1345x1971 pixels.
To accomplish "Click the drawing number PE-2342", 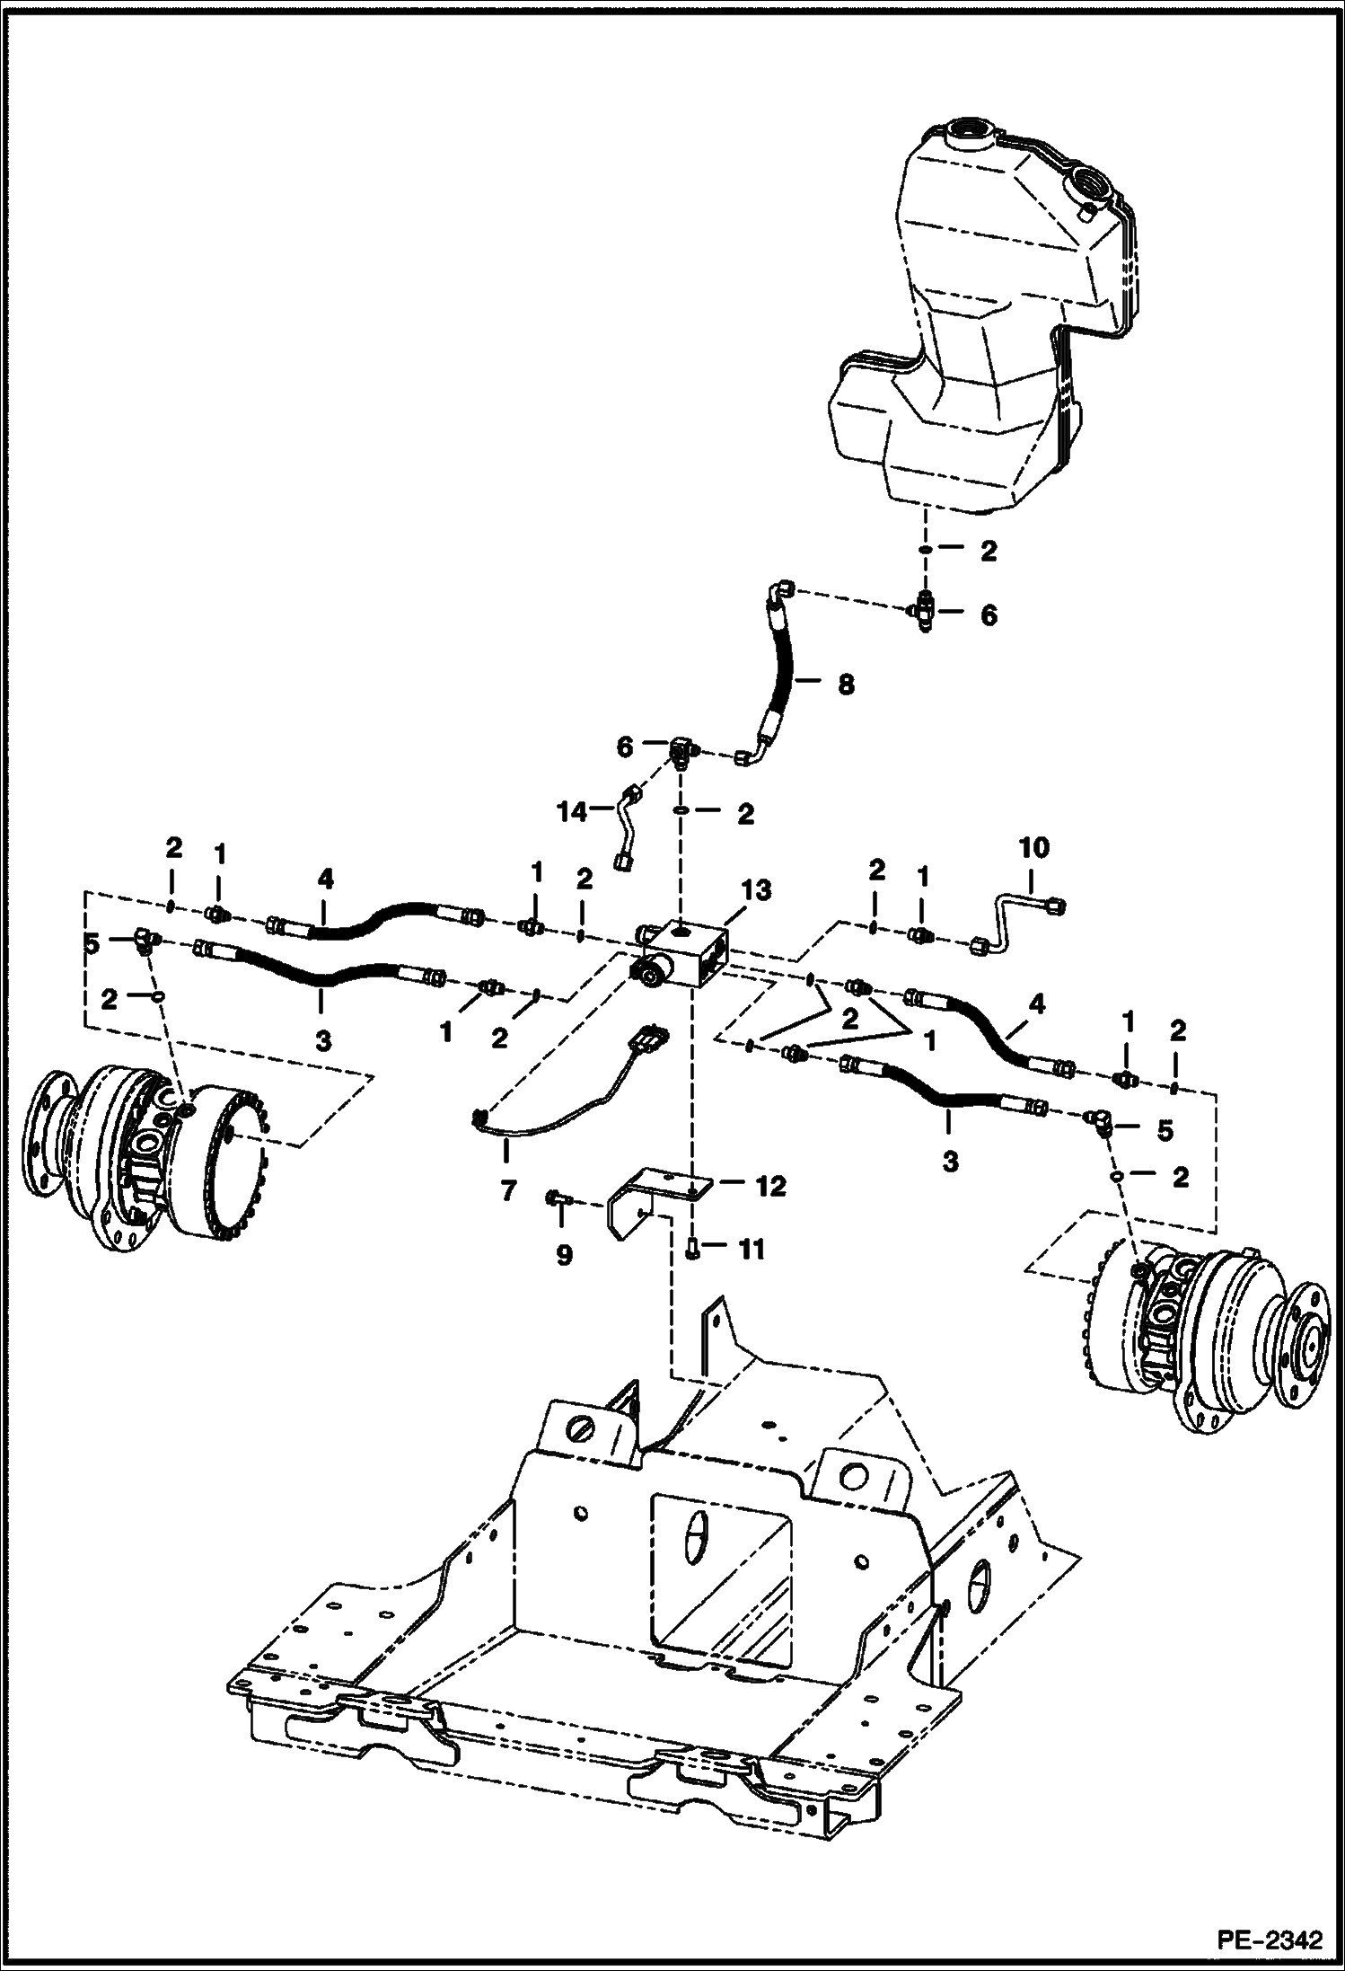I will click(1270, 1940).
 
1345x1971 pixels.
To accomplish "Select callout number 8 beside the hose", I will click(845, 684).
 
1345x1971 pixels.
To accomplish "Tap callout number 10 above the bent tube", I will click(1033, 847).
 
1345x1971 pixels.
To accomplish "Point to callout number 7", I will click(508, 1191).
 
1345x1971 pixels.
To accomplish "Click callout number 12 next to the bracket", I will click(771, 1186).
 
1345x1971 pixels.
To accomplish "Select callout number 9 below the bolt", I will click(563, 1254).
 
